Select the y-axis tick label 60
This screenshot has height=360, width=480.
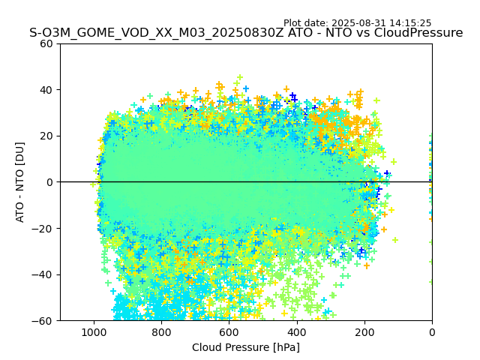47,43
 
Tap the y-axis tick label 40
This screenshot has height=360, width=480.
47,90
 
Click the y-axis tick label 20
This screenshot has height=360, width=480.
47,136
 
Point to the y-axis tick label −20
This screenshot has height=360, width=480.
44,228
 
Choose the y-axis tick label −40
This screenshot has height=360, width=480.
44,274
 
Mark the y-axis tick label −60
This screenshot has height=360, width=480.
44,320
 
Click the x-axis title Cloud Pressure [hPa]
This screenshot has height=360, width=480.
246,347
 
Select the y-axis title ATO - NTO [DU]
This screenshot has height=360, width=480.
21,182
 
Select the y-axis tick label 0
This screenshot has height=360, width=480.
50,182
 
